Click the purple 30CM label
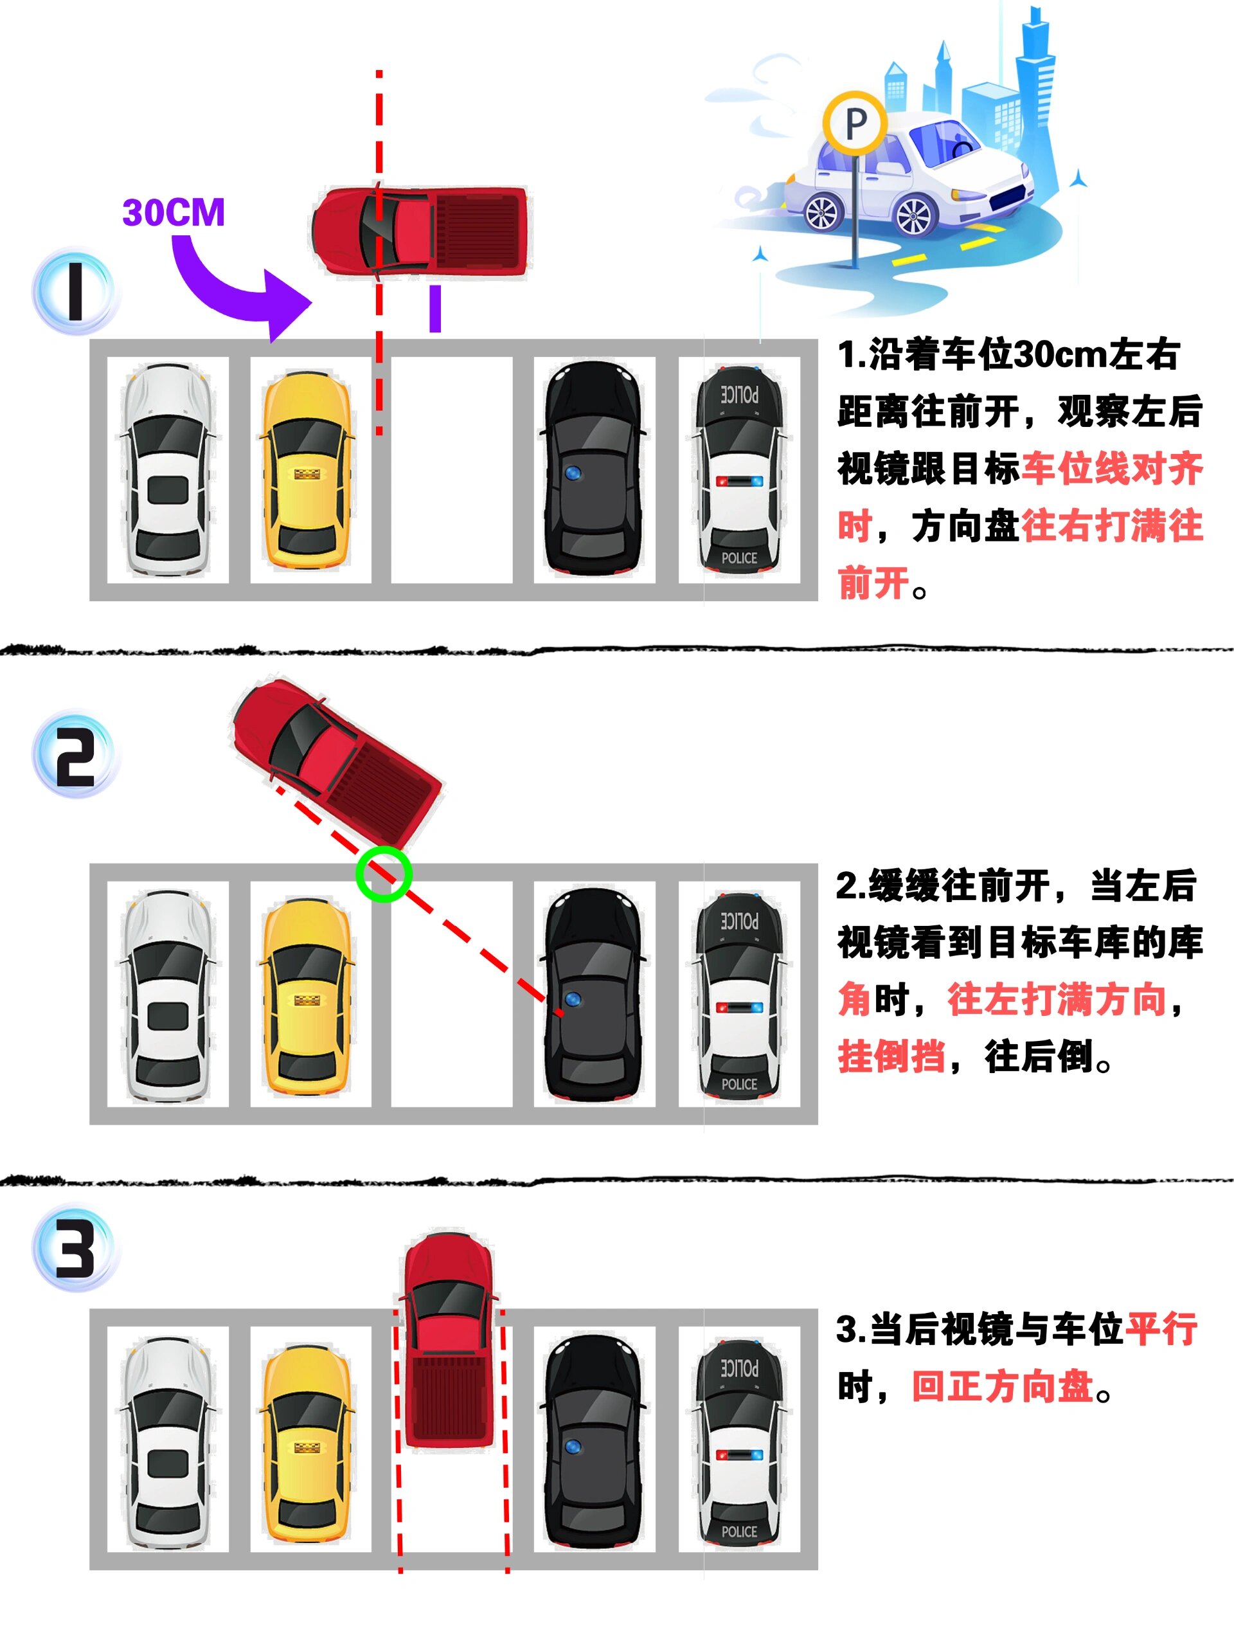coord(174,213)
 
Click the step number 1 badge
coord(75,291)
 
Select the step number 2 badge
coord(75,756)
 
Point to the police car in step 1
coord(739,471)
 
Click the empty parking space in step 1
coord(451,471)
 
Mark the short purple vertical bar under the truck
coord(435,309)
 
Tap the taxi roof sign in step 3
coord(306,1448)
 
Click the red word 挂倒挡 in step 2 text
coord(891,1056)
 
